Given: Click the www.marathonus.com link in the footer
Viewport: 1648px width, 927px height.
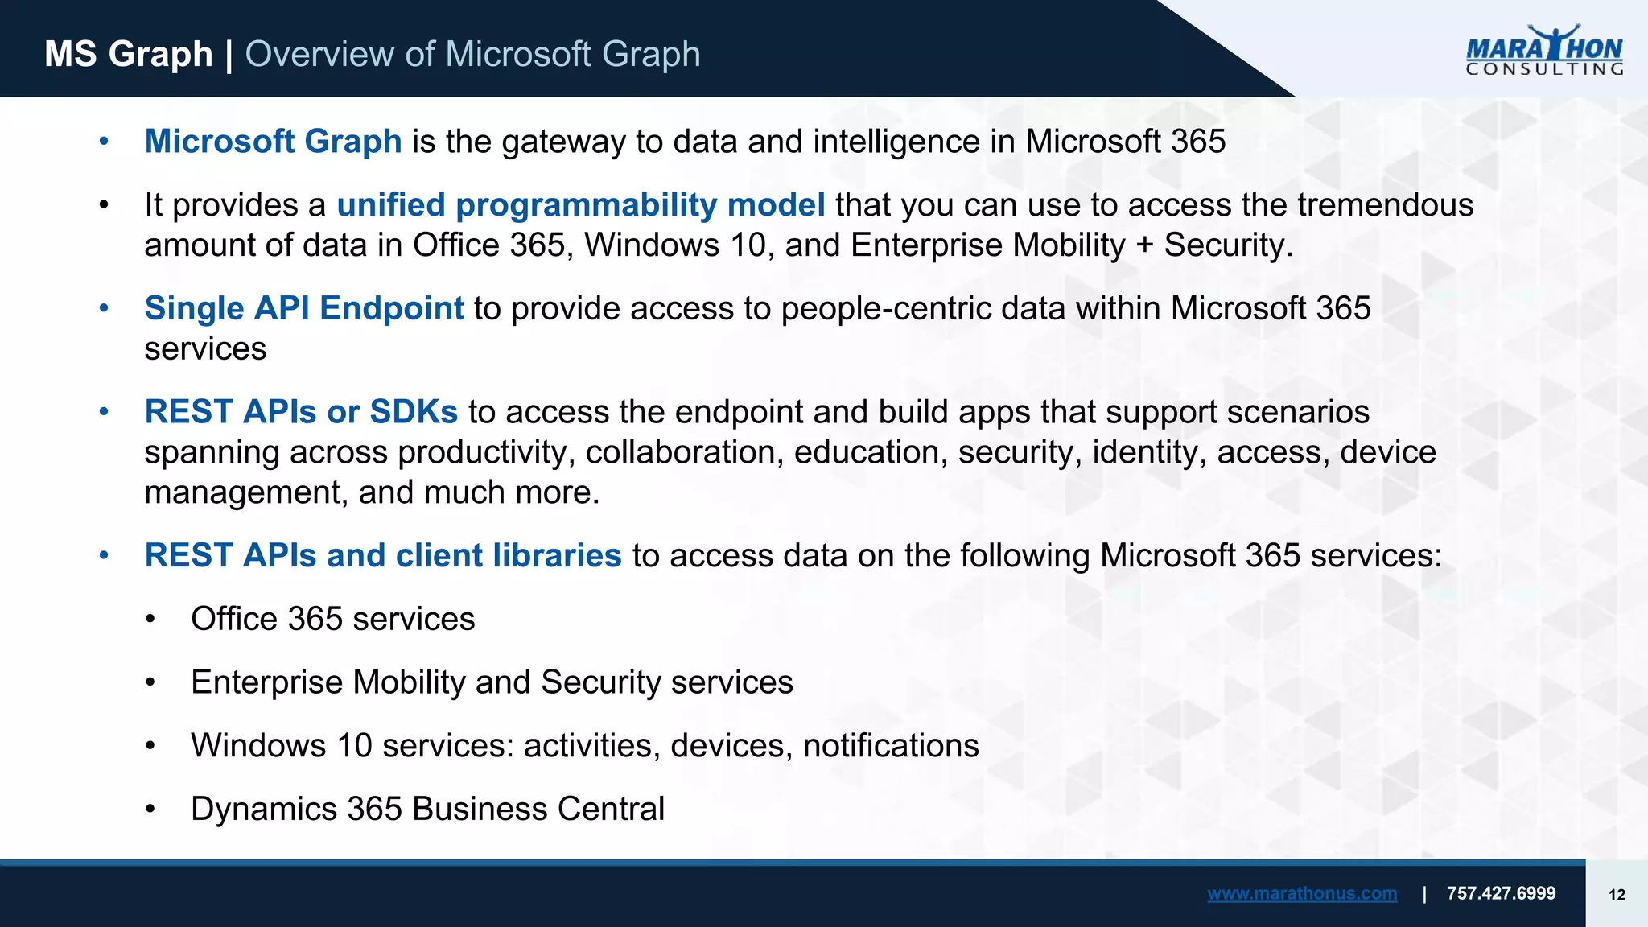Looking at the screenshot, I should click(1301, 893).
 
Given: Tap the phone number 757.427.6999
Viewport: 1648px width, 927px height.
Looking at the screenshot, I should click(1501, 893).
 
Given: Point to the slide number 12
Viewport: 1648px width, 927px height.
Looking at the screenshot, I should click(1617, 895).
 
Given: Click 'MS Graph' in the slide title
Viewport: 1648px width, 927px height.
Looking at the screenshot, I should click(128, 54).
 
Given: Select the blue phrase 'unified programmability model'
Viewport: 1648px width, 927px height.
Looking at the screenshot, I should click(580, 205).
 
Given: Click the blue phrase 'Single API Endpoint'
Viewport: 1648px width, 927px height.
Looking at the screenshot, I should click(303, 308).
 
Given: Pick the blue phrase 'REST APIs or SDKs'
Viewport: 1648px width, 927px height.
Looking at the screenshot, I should click(301, 412).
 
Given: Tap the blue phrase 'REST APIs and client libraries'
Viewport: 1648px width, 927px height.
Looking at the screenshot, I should click(382, 556).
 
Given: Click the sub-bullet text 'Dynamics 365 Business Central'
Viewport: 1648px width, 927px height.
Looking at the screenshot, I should click(427, 809).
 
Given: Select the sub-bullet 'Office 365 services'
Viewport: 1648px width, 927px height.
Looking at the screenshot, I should click(332, 619).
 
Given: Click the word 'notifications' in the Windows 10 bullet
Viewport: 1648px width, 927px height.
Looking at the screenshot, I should click(891, 746).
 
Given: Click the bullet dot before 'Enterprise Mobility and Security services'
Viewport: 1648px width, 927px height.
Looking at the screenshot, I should click(150, 683).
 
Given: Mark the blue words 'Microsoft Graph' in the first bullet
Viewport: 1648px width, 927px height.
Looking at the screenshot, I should click(273, 142).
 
